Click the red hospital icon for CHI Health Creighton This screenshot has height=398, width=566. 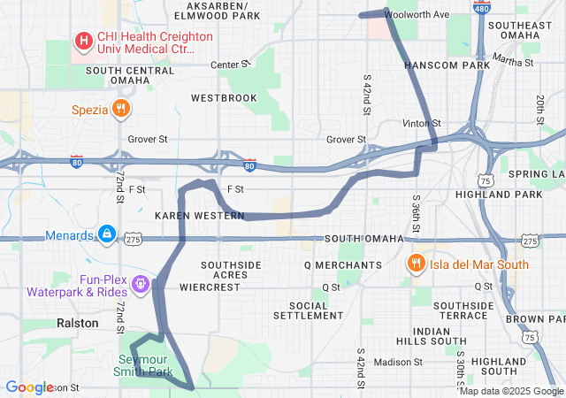coord(82,41)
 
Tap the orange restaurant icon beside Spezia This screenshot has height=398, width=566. coord(121,110)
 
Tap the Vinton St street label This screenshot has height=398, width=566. coord(421,123)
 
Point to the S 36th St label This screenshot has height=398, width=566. coord(415,212)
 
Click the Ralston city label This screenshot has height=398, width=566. coord(78,323)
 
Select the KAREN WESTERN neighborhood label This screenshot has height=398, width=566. coord(187,215)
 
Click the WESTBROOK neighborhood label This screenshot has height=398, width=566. coord(223,97)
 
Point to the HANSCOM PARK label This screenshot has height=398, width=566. coord(447,65)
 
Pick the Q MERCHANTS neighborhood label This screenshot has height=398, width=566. coord(342,264)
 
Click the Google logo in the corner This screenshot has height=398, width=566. coord(29,387)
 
